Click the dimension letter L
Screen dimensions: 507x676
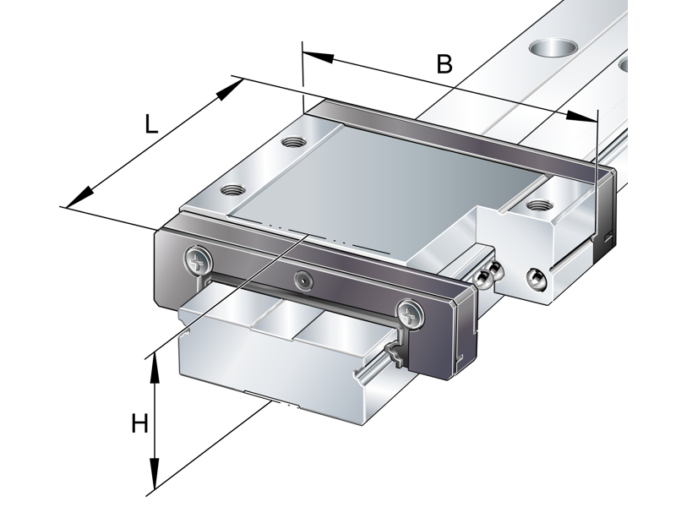click(x=149, y=124)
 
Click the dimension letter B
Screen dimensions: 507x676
click(x=444, y=63)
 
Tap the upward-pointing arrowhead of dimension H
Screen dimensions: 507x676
click(x=155, y=369)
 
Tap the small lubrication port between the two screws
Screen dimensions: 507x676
click(x=303, y=280)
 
